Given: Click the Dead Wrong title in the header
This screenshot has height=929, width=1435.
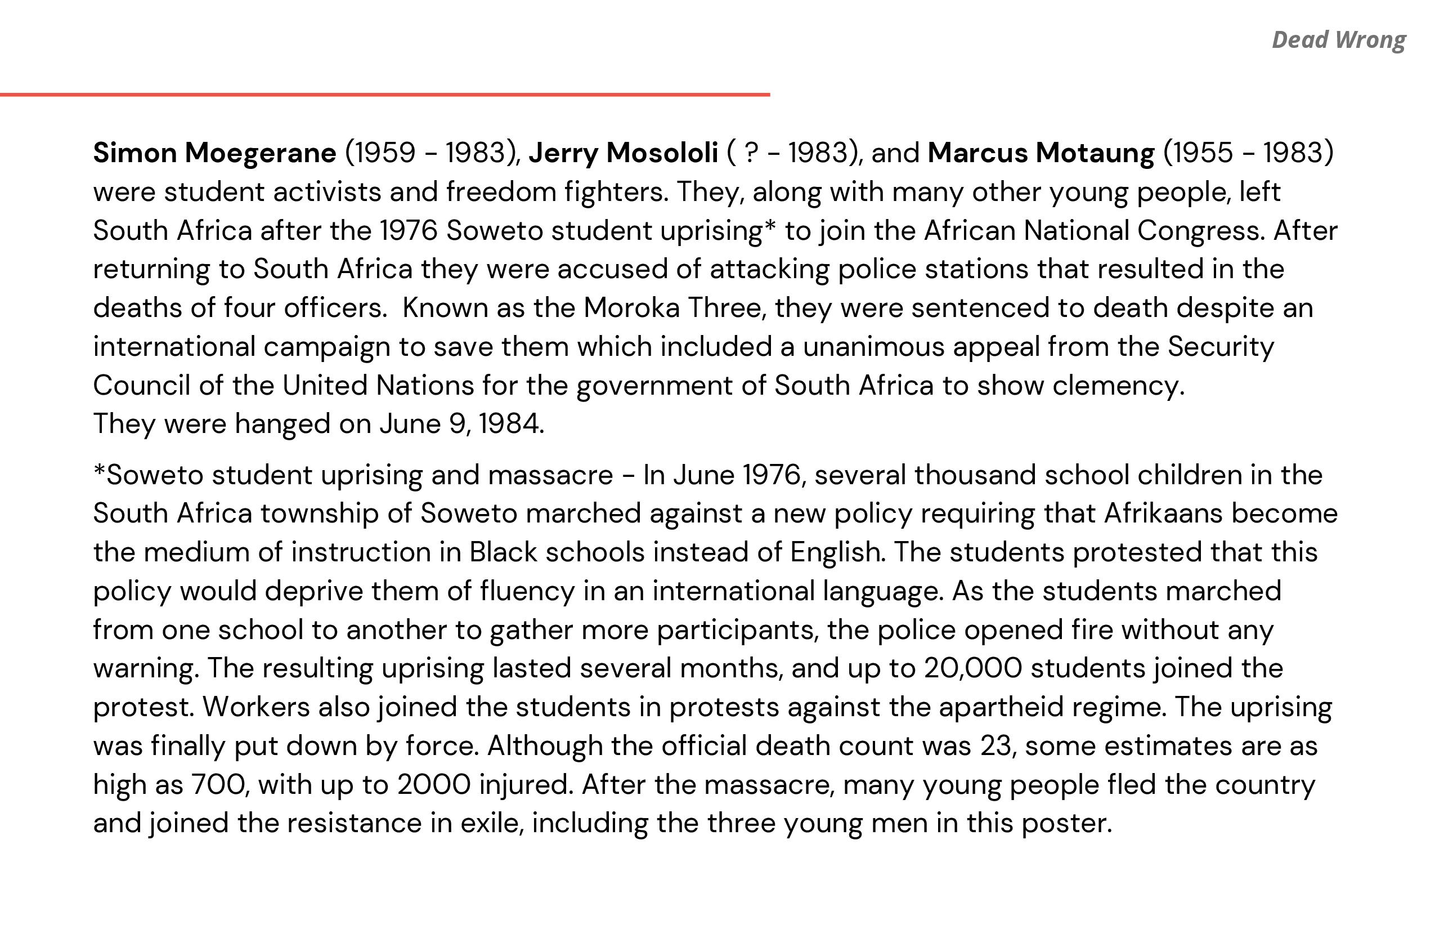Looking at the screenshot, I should click(1338, 40).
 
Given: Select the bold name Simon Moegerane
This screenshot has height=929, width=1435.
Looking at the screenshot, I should click(214, 153).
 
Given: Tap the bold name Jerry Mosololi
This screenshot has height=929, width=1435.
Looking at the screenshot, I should click(623, 153).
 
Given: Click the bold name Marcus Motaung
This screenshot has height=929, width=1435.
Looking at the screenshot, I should click(1041, 153).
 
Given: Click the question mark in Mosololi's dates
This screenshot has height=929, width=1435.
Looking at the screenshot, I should click(751, 153).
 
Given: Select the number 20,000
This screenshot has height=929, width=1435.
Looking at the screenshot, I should click(972, 668).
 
